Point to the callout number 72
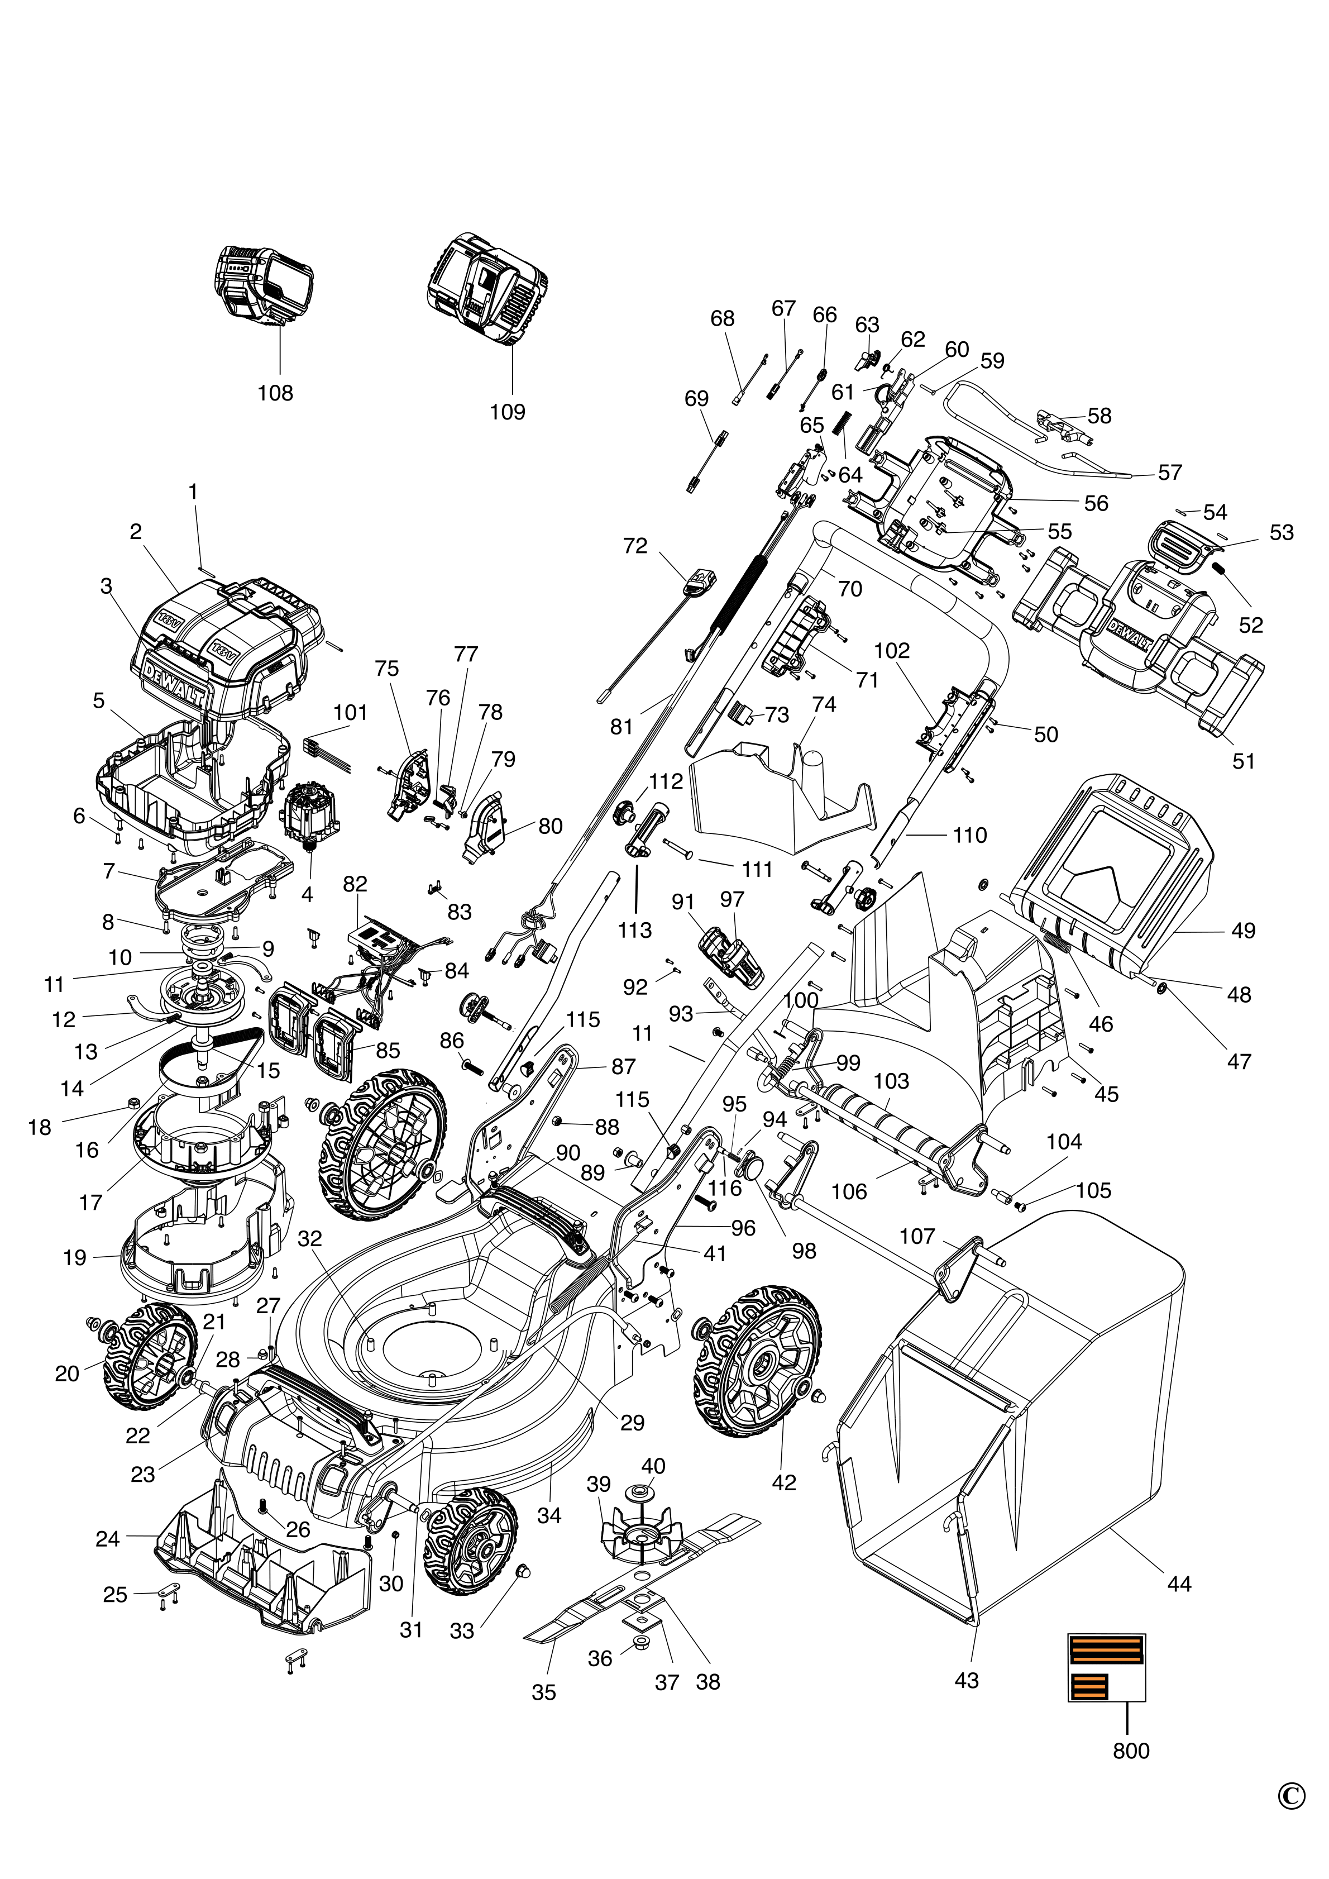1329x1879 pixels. click(x=635, y=546)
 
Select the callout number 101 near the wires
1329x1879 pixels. click(x=350, y=712)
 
